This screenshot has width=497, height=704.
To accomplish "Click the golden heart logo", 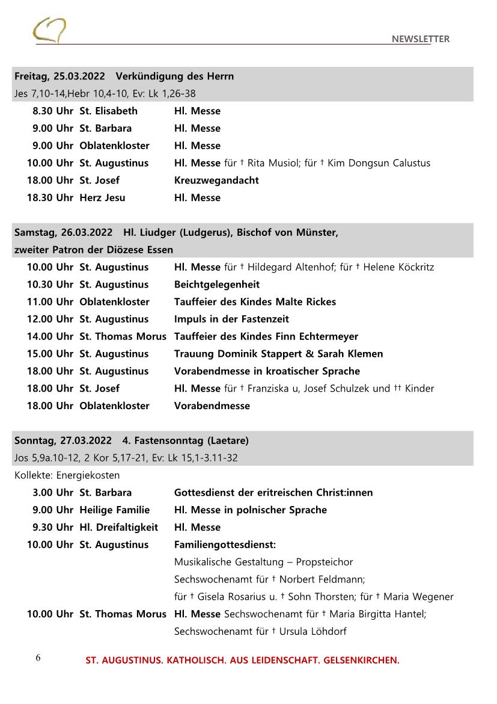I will click(x=49, y=30).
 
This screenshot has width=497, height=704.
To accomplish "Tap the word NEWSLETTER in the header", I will click(x=420, y=39).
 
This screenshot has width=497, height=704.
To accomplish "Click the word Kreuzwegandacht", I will click(x=216, y=180).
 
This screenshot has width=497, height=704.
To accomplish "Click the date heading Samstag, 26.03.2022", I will click(x=63, y=232).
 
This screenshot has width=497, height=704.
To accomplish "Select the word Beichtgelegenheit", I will click(x=217, y=285).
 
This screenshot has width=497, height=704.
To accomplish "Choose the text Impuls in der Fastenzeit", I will click(x=231, y=319).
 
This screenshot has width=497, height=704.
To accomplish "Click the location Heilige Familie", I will click(x=114, y=510).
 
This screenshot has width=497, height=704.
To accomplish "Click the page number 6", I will click(x=38, y=658).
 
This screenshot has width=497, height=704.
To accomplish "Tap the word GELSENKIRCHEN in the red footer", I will click(x=361, y=661).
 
